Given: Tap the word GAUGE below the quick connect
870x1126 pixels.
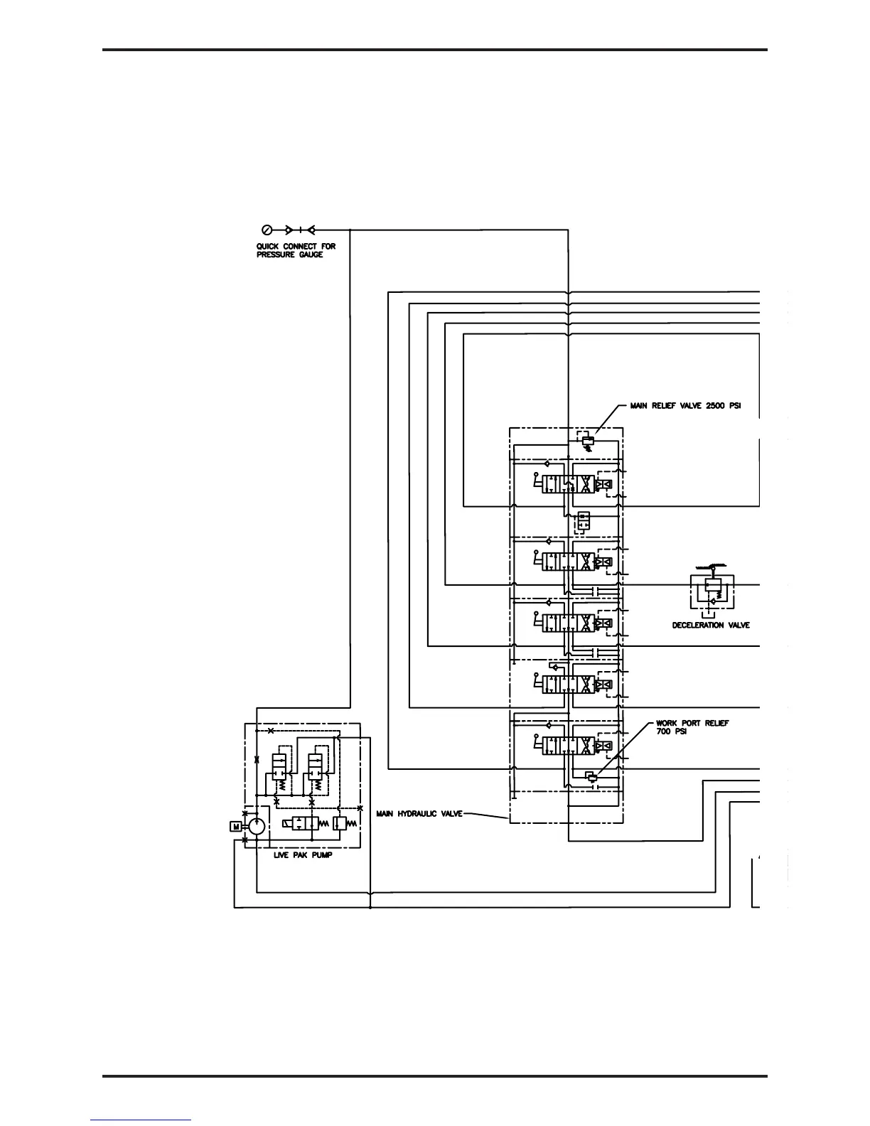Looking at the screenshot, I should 311,254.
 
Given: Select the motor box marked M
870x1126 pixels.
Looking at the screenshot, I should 235,826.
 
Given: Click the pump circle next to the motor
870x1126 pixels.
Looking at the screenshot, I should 256,826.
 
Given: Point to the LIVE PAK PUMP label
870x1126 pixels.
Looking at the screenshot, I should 302,855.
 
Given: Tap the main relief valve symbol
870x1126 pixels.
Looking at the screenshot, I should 588,441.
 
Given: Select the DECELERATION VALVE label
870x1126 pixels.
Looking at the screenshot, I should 710,626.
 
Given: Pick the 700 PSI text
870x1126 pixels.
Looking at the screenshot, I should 671,732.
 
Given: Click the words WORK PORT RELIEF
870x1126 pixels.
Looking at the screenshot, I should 692,724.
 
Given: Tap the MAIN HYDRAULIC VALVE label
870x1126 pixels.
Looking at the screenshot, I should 419,814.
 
